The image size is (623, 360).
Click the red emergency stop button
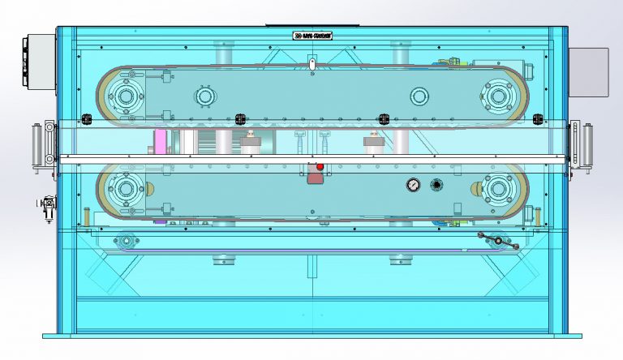pos(319,167)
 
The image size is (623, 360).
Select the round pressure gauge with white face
pos(414,186)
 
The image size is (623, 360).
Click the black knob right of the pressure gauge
pos(436,186)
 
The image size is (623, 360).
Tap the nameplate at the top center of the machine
pos(312,36)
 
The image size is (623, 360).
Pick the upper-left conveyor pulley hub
pos(125,96)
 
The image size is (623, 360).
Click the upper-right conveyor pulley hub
pos(497,96)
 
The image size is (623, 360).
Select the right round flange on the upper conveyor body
pos(419,96)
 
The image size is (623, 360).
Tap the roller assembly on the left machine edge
pos(38,148)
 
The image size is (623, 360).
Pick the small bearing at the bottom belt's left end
pos(126,240)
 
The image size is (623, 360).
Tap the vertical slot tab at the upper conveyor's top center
pos(311,62)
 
